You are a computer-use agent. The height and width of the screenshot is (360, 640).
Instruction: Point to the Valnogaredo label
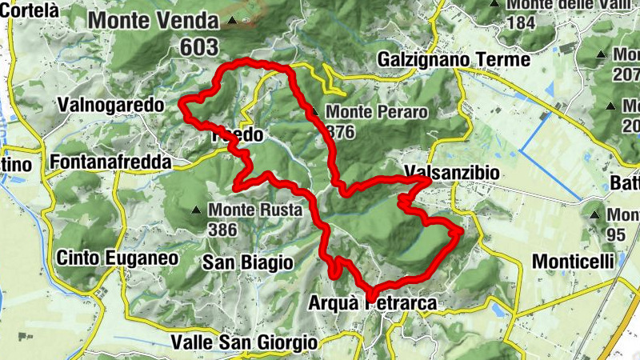[x=110, y=105]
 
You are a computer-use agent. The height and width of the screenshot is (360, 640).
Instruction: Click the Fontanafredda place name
[x=110, y=162]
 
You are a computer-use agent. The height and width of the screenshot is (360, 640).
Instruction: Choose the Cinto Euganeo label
[x=117, y=258]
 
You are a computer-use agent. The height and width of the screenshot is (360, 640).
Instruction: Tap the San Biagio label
[x=247, y=262]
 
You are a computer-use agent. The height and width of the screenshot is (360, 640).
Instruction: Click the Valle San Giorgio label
[x=244, y=342]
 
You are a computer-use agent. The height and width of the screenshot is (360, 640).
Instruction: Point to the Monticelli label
[x=573, y=262]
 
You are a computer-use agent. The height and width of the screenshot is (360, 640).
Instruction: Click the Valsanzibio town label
[x=452, y=172]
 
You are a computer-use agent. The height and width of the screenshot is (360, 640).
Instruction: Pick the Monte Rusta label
[x=255, y=211]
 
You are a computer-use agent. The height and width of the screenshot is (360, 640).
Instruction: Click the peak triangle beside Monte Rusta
[x=196, y=211]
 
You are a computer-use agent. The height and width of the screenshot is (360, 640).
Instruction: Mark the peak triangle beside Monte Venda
[x=232, y=20]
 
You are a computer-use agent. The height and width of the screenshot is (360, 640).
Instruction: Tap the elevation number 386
[x=222, y=230]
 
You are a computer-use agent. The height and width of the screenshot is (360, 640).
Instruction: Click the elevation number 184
[x=520, y=22]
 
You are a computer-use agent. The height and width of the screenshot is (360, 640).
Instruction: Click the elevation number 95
[x=616, y=234]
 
